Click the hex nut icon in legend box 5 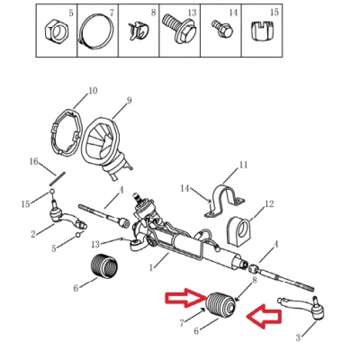(58, 31)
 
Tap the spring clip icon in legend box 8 (139, 31)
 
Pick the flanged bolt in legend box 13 (179, 30)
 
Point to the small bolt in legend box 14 (222, 28)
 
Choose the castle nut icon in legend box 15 (263, 31)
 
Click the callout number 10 (93, 90)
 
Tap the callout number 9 (129, 100)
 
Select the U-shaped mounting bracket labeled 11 (224, 201)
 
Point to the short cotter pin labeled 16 (58, 178)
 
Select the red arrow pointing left (264, 317)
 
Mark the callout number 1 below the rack (151, 266)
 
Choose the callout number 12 (269, 204)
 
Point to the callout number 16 (34, 161)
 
